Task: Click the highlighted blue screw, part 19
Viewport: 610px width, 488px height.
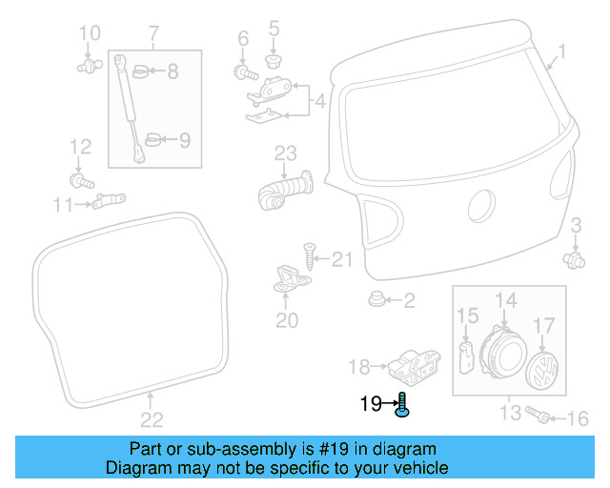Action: pos(403,407)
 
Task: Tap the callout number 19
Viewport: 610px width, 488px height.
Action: pos(371,404)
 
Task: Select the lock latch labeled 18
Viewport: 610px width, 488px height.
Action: pos(412,364)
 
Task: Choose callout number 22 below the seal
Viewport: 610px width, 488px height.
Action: pos(152,418)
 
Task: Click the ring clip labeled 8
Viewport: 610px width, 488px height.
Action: pos(141,71)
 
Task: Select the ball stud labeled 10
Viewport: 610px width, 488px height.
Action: pos(89,67)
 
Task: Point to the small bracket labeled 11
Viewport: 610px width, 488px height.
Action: pos(108,200)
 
